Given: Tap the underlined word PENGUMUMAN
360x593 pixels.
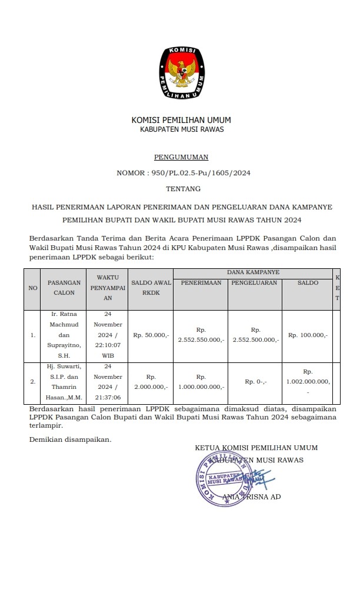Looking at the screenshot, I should click(181, 158).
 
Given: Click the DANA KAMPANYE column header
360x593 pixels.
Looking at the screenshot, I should click(253, 272).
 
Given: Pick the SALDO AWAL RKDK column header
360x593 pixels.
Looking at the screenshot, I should click(151, 286).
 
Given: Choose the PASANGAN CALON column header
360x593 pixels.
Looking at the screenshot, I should click(64, 287).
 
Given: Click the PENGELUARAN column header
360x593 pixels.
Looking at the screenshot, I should click(255, 283).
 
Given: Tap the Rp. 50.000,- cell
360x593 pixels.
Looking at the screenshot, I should click(151, 335).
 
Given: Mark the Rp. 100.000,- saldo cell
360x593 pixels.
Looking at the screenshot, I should click(308, 335).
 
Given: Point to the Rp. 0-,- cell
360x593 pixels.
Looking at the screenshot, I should click(255, 381).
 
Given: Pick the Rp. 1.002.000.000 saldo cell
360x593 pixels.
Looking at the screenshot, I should click(308, 381).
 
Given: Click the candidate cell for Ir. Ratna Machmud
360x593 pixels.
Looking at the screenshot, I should click(64, 335).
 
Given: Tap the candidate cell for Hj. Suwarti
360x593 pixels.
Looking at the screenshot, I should click(64, 381).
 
